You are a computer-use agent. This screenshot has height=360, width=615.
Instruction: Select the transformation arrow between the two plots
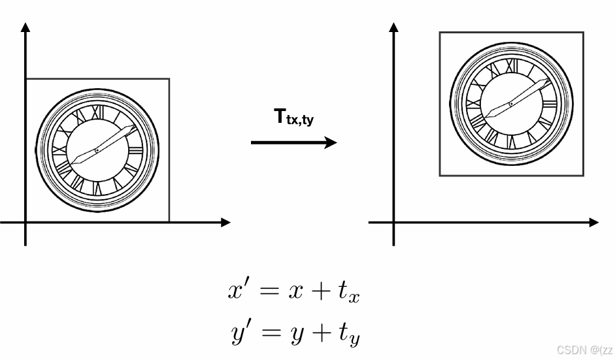(294, 142)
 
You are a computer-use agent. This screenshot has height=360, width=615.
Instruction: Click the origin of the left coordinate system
(25, 222)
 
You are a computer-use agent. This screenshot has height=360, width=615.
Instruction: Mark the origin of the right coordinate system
(393, 222)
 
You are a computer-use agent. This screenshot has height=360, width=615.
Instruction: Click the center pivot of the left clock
(97, 151)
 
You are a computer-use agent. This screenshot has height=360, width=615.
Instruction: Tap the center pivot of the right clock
(511, 105)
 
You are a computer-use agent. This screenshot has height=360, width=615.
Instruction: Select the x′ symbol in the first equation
(237, 289)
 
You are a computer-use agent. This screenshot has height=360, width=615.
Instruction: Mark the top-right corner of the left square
(169, 79)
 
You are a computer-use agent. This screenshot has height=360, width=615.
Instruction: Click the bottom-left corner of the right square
(440, 175)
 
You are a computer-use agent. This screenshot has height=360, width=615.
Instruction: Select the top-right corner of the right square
(583, 32)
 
